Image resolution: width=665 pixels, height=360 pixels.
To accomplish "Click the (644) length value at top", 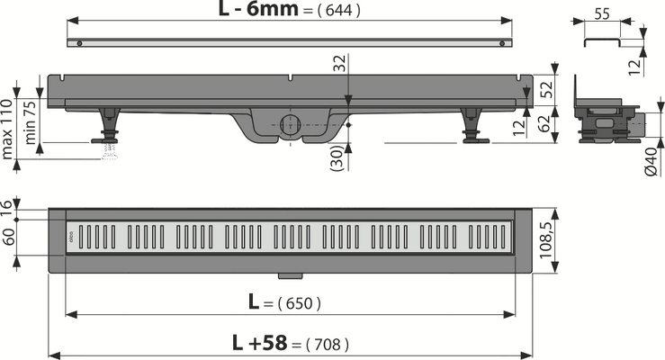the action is click(338, 10).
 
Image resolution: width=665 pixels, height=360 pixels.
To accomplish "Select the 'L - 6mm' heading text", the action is click(258, 8).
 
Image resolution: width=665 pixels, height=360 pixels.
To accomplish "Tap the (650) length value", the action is click(299, 303).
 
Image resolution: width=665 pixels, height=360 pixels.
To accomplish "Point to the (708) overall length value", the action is click(327, 345).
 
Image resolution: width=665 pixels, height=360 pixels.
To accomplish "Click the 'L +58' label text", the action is click(259, 343).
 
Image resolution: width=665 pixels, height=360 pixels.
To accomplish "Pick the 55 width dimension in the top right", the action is click(601, 14).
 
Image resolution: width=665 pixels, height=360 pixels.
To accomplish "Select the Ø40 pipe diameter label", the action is click(651, 162).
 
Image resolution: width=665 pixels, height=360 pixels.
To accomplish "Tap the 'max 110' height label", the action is click(6, 129).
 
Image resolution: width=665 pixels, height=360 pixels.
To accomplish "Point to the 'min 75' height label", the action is click(30, 122).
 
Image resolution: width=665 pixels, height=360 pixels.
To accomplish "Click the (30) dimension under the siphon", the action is click(336, 157).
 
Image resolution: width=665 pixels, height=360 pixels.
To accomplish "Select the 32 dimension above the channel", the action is click(340, 63).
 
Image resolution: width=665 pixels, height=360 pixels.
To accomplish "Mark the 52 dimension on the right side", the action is click(547, 89).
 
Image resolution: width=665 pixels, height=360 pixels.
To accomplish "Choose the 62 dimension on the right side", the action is click(544, 123).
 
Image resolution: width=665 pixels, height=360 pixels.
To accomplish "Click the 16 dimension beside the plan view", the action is click(7, 209).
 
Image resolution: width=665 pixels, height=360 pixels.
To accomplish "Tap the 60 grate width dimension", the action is click(8, 237).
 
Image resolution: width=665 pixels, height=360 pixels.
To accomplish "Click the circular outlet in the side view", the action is click(291, 125).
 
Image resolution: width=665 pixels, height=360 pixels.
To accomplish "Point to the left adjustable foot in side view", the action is click(107, 126).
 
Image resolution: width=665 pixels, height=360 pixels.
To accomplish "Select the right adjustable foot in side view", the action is click(473, 126).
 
